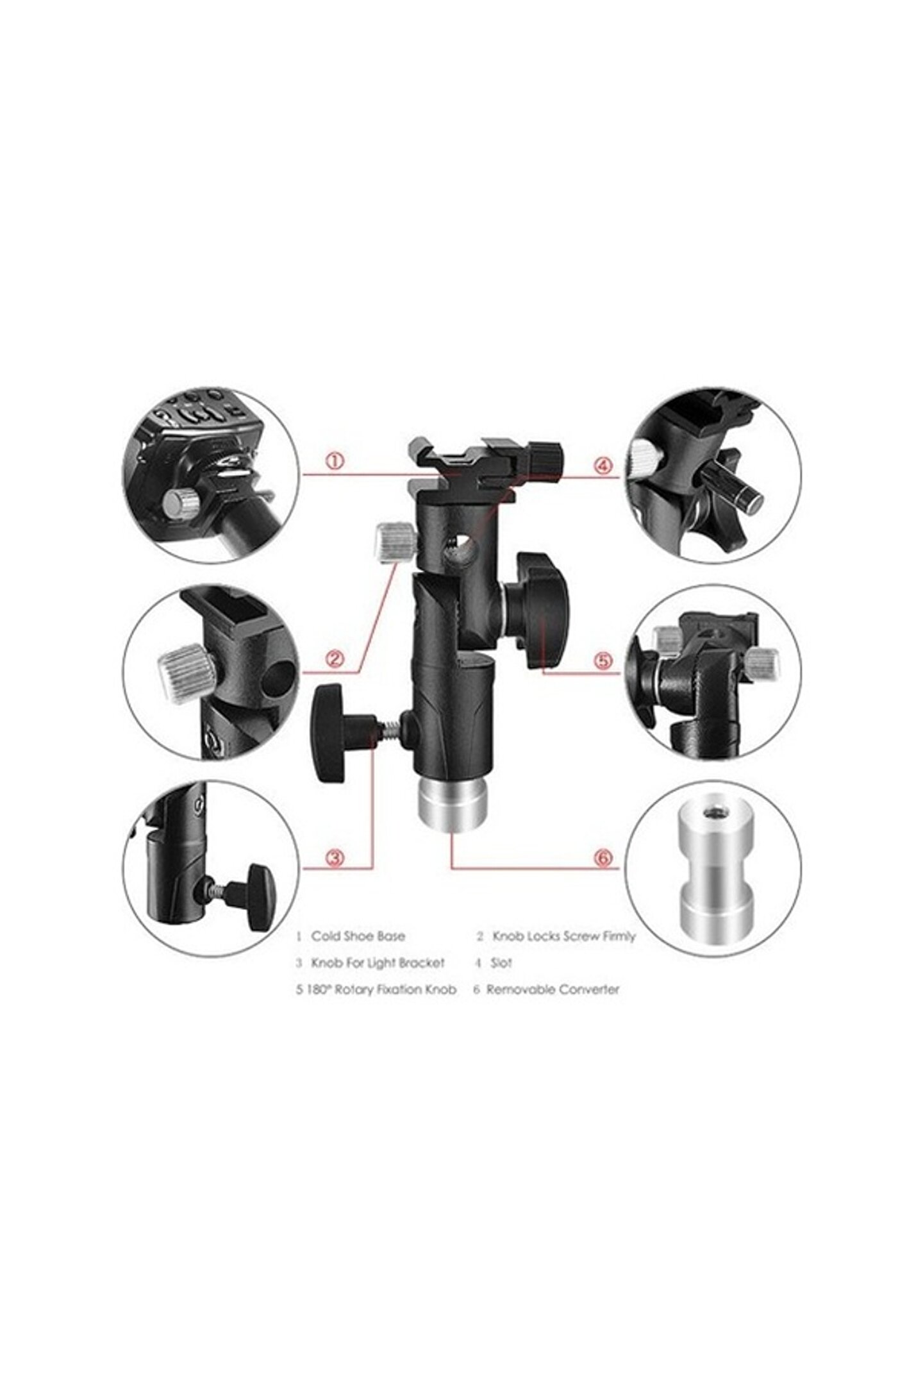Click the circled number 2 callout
[336, 658]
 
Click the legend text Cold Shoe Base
[358, 936]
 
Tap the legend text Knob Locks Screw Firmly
[563, 936]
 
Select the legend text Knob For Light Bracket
[377, 963]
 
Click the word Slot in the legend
[503, 962]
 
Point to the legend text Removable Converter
[553, 989]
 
